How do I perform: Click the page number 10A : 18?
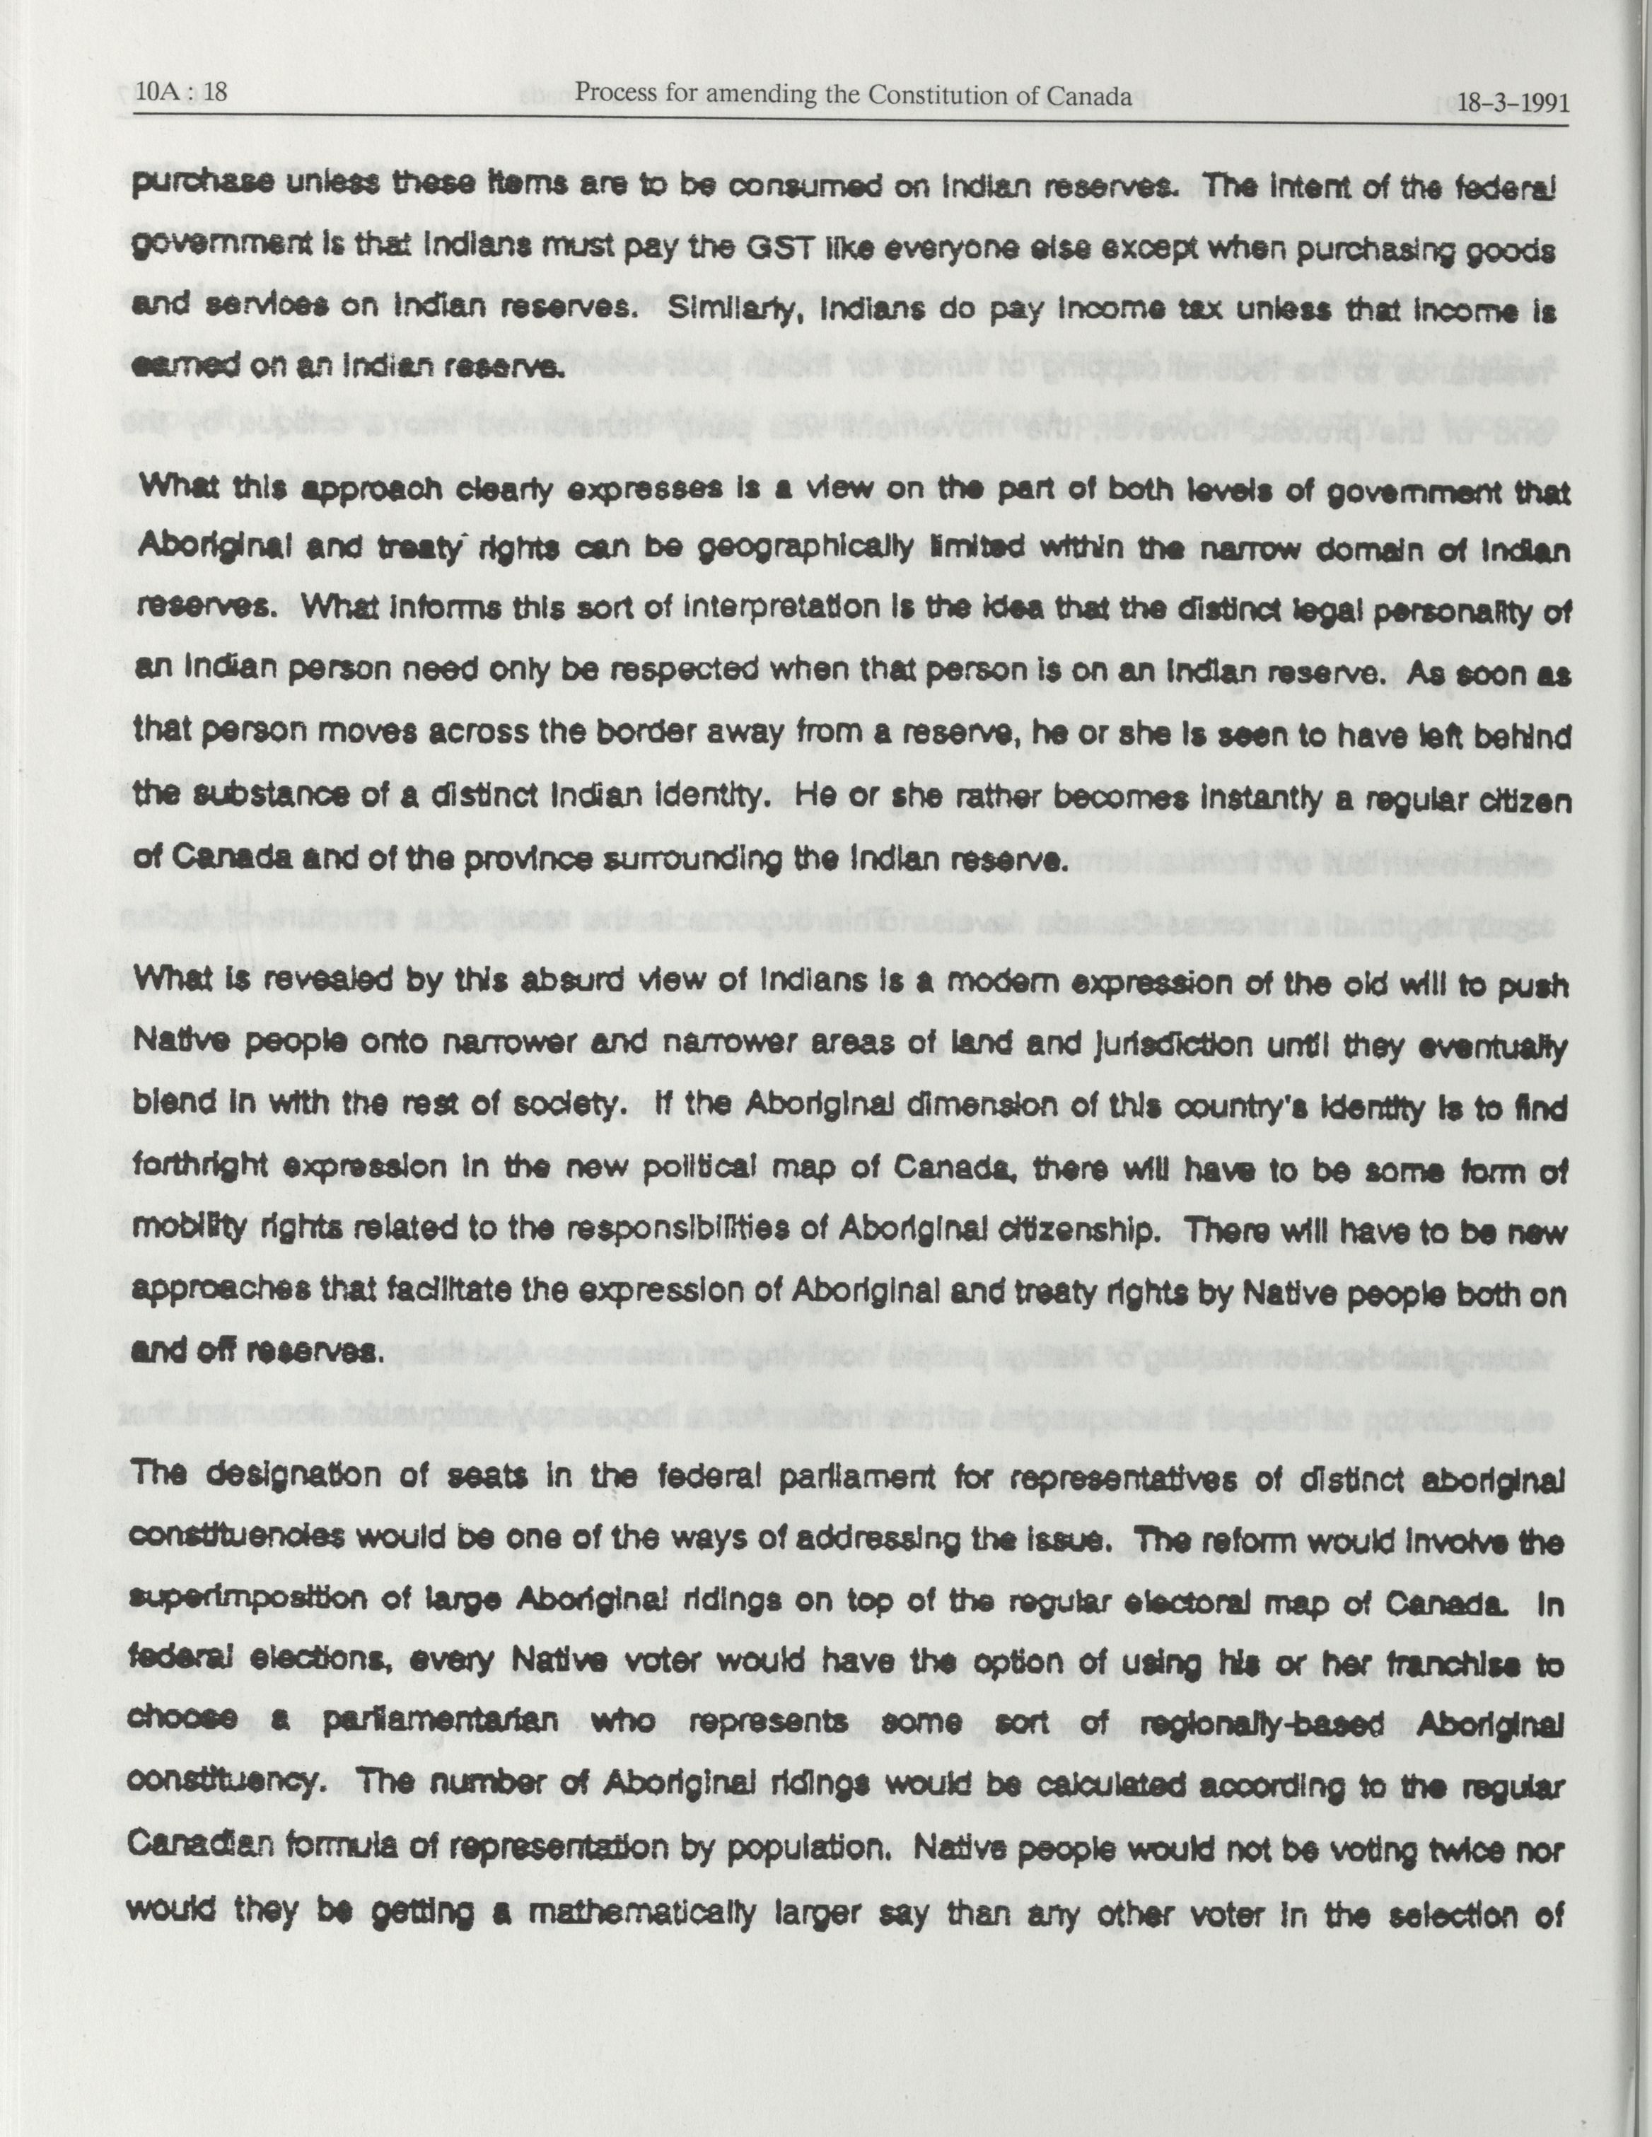point(182,93)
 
